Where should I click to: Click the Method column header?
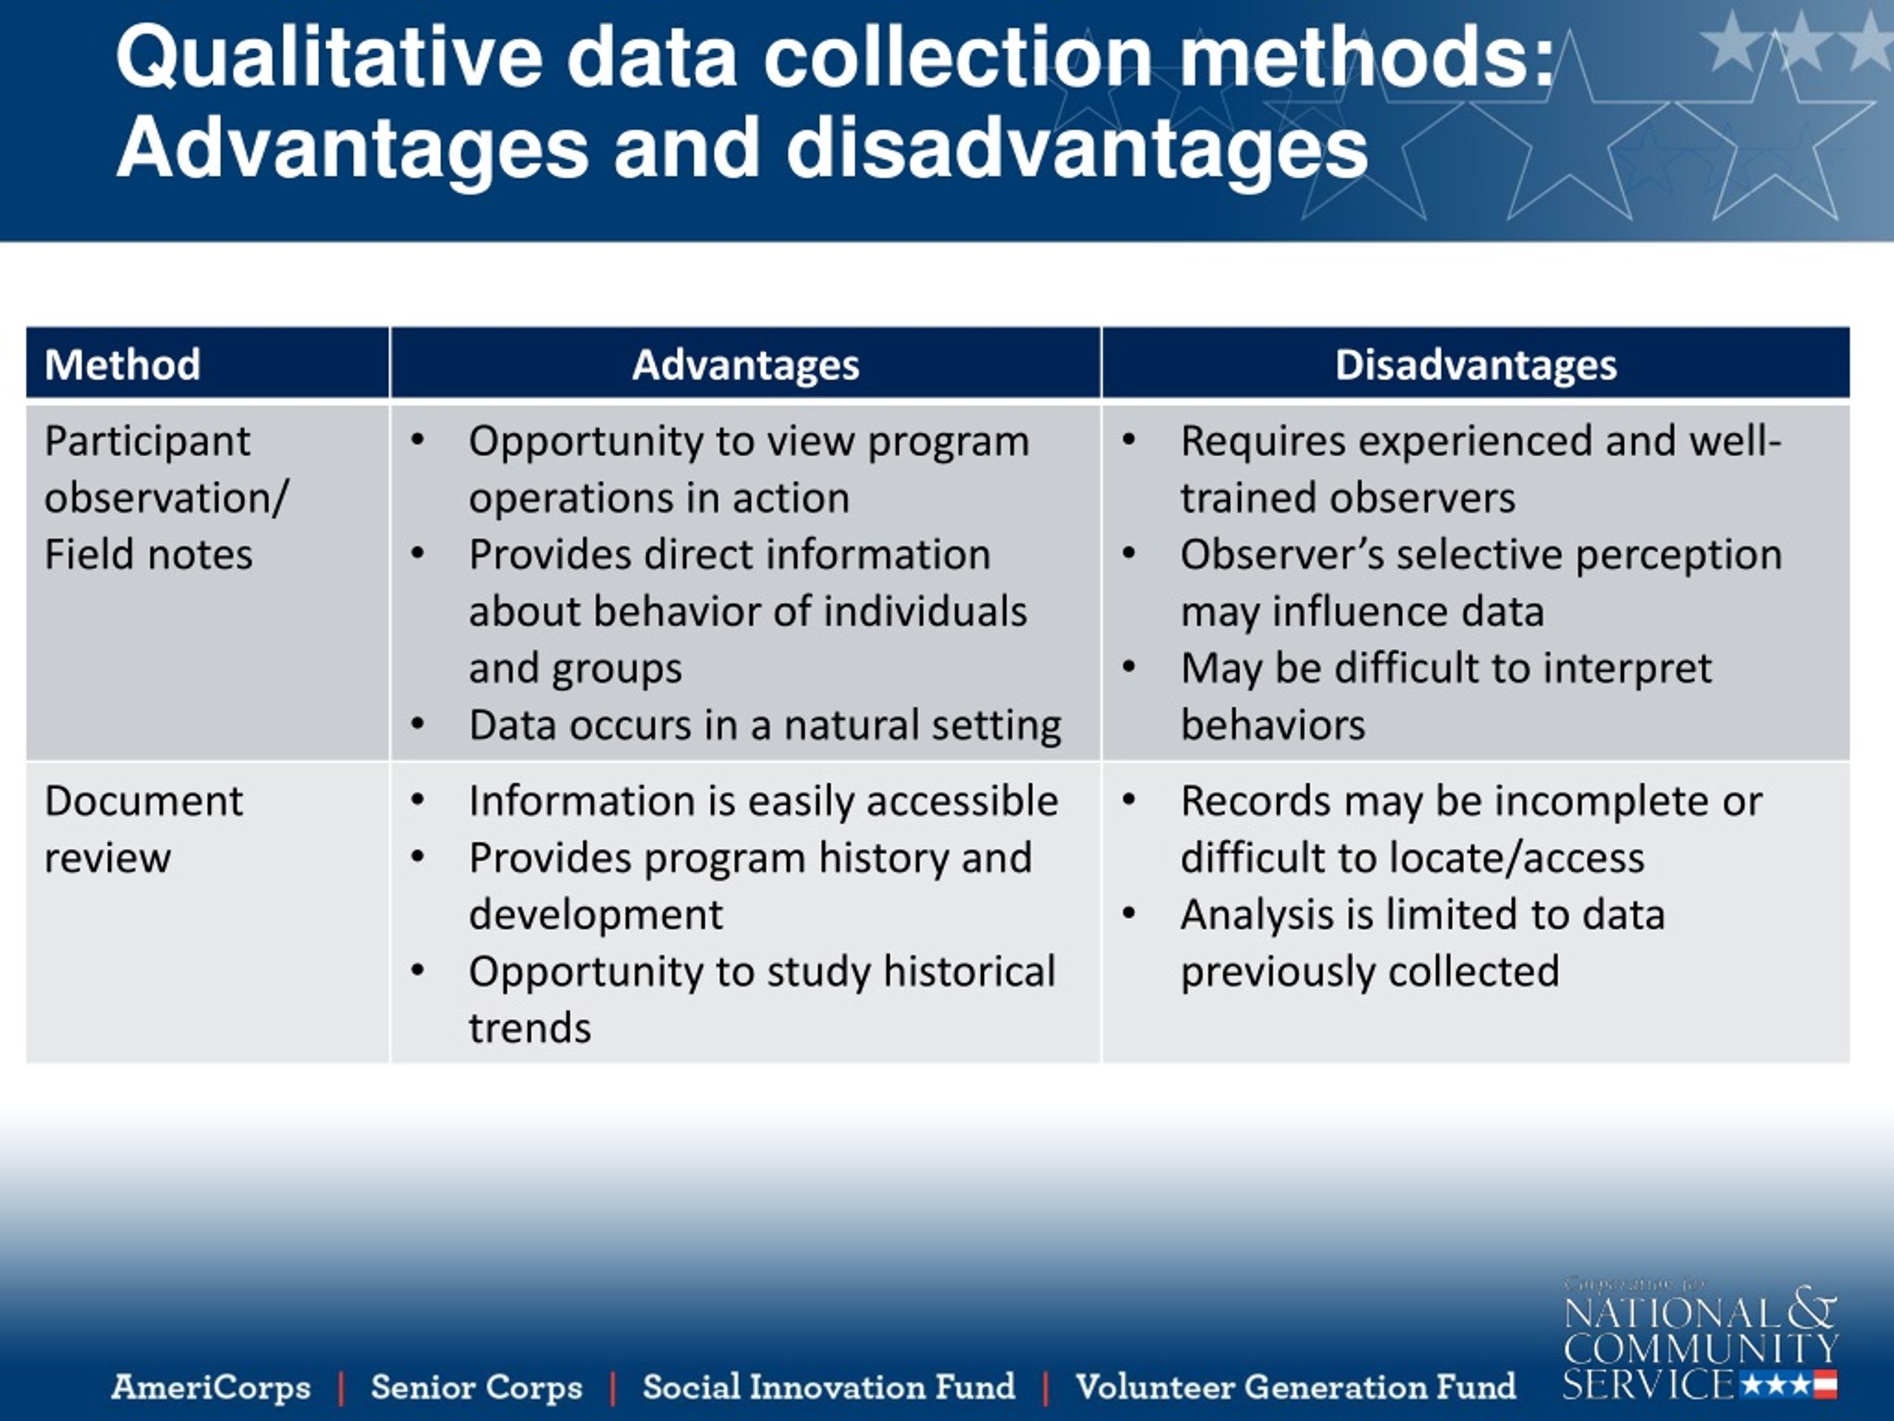pos(122,365)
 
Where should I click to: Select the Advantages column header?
pos(745,365)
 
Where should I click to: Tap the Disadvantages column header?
pos(1475,365)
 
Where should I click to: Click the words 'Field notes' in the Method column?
pos(148,555)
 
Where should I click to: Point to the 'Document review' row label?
pos(143,828)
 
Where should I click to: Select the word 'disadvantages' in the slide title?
pos(1076,148)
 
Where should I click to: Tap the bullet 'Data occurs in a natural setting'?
pos(764,725)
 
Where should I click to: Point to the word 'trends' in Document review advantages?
pos(529,1028)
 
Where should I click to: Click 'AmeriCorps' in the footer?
pos(211,1387)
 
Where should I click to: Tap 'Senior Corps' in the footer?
pos(476,1387)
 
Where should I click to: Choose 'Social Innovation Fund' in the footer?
pos(828,1387)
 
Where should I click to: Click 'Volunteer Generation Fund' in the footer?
pos(1295,1387)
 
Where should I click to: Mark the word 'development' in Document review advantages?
pos(595,915)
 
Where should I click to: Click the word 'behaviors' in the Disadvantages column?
pos(1273,725)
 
